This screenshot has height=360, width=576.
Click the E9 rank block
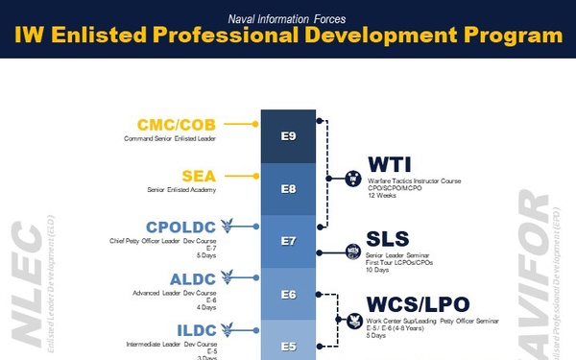288,137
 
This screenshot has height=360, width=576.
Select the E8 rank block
288,189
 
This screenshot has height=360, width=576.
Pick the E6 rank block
288,293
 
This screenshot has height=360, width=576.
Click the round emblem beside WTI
352,178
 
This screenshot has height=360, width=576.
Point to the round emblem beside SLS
352,252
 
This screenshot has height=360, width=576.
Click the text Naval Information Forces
288,16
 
